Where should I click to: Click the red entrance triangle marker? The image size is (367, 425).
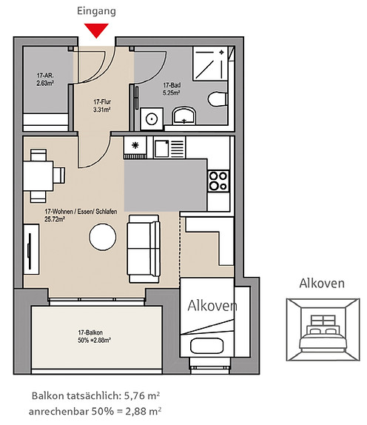point(96,30)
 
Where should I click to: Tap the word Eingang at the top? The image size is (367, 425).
point(96,11)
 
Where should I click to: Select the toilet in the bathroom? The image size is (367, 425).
point(218,99)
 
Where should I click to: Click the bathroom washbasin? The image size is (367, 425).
point(184,116)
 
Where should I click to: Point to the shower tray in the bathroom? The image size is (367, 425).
point(210,64)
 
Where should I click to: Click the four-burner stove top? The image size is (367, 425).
point(218,181)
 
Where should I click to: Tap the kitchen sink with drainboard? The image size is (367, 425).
point(169,147)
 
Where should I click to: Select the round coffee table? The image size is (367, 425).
point(103,237)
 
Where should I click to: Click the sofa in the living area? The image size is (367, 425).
point(144,249)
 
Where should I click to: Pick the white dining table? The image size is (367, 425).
point(38,175)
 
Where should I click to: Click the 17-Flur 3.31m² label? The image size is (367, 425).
point(102,106)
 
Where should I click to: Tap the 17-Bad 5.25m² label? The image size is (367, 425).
point(172,89)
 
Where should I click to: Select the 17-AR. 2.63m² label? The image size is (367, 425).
point(45,79)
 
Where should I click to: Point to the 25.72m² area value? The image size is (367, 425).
point(55,219)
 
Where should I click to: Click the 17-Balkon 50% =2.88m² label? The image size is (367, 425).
point(94,336)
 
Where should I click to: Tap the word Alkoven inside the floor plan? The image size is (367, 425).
point(212,306)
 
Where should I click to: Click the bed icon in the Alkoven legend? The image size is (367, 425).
point(323,334)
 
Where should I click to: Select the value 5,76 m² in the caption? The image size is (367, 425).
point(141,395)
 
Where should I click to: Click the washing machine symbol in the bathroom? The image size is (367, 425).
point(152,118)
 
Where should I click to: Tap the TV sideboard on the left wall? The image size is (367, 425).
point(31,249)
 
